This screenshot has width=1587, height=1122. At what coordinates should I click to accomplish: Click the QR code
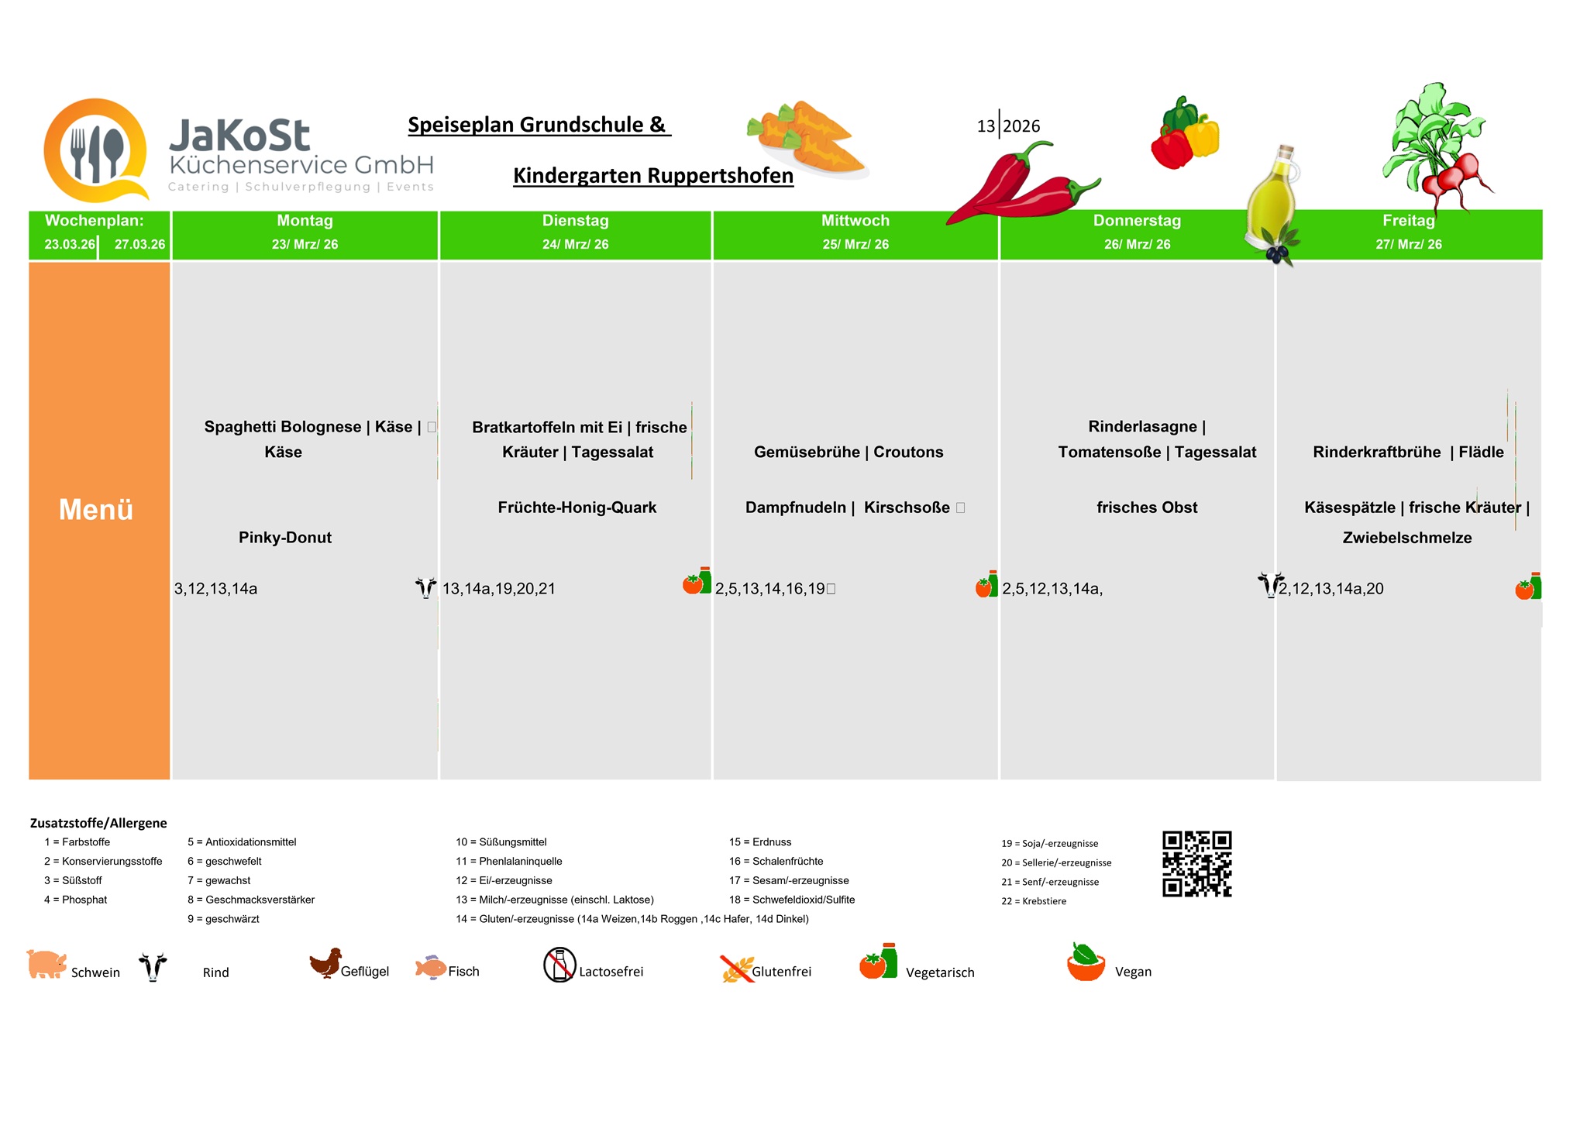(1196, 864)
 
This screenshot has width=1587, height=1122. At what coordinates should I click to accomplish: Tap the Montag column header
(305, 221)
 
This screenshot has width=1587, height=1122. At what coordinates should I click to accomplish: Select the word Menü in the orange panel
(96, 510)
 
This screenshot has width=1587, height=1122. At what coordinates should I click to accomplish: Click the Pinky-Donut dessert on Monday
(285, 538)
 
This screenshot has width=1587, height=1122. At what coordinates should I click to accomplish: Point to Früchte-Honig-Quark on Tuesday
(577, 508)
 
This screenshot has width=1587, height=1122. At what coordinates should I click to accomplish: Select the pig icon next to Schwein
(46, 965)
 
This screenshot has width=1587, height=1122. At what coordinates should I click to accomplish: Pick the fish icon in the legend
(431, 967)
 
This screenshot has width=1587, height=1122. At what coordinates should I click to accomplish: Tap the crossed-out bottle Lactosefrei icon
(559, 965)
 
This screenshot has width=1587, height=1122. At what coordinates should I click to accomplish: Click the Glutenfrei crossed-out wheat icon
(736, 969)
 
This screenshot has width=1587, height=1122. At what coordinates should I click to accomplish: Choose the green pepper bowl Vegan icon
(1086, 962)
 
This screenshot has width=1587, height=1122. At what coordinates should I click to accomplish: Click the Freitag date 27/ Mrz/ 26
(1408, 245)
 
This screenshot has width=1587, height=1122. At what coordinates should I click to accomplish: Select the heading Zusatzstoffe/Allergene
(98, 823)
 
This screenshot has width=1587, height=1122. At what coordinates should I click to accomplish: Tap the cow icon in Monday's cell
(425, 587)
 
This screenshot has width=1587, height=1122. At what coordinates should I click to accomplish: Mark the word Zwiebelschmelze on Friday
(1406, 538)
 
